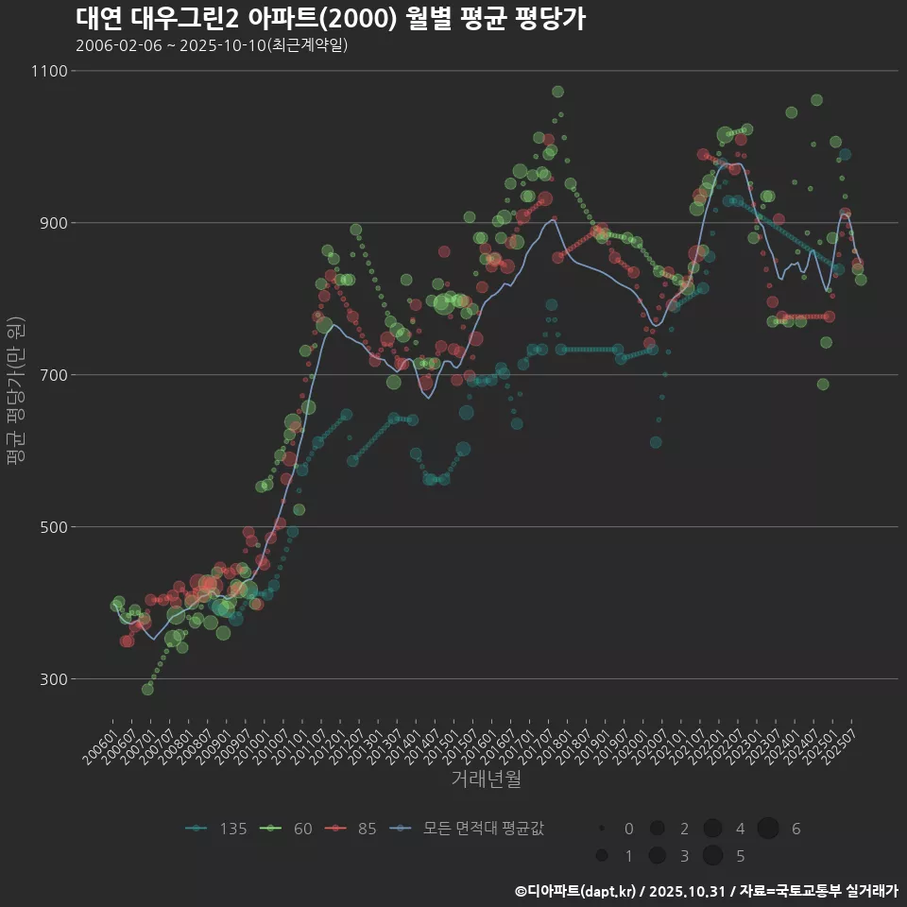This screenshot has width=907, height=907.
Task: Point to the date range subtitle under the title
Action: (212, 45)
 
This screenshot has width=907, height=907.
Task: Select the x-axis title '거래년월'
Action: (486, 779)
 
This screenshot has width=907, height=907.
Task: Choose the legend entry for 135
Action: (217, 829)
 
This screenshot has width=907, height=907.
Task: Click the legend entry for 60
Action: (289, 829)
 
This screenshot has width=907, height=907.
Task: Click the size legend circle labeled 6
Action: (767, 829)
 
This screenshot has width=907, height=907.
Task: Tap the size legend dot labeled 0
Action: (601, 829)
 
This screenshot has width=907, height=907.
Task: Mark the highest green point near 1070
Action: (557, 92)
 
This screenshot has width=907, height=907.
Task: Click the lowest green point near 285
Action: (147, 689)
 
